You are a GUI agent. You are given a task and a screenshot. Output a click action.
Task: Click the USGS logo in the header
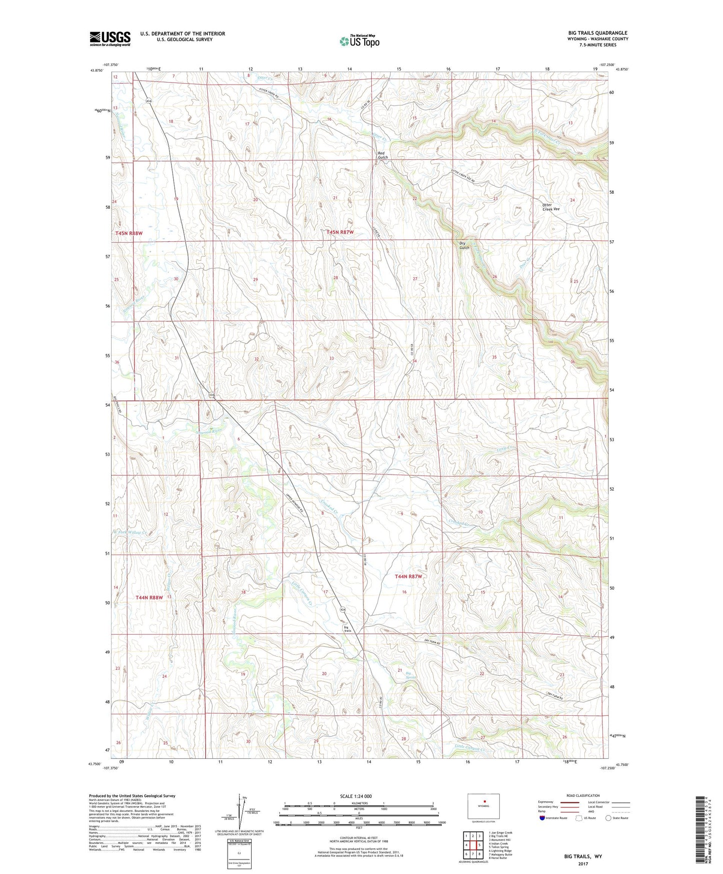point(110,39)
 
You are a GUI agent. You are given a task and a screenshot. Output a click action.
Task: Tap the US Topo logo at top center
point(359,41)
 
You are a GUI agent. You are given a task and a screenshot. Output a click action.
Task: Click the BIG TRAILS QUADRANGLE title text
point(597,33)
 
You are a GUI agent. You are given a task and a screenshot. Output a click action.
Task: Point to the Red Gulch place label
point(383,155)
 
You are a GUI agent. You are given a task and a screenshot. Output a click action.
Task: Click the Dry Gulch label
point(464,245)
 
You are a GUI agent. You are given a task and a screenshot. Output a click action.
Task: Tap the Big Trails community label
point(347,629)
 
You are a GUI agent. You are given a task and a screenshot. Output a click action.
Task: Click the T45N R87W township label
point(340,232)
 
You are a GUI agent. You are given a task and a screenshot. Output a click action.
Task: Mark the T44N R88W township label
point(149,597)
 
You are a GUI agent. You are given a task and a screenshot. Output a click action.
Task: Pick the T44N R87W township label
point(408,577)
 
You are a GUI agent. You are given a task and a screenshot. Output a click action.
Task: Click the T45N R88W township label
point(129,233)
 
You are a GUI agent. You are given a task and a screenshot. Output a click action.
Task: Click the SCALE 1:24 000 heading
point(356,796)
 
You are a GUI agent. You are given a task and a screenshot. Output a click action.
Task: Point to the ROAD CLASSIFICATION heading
point(583,795)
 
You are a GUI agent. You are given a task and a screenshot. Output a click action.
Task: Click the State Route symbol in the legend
point(608,818)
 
